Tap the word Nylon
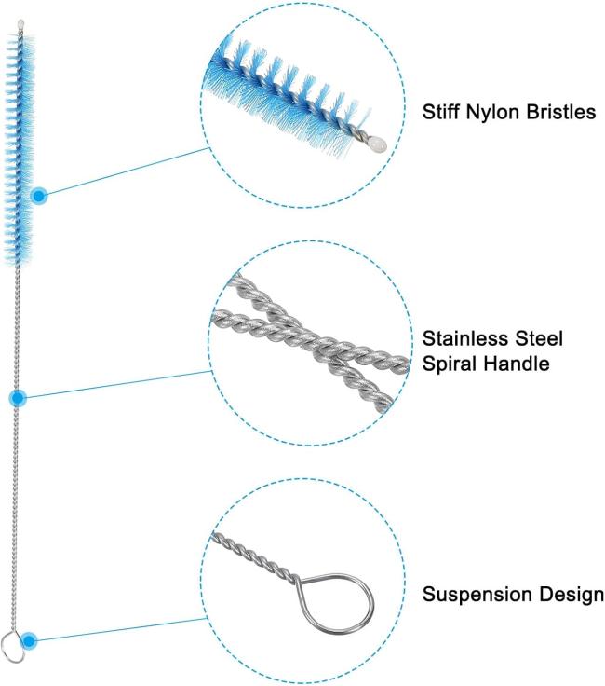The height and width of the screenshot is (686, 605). point(492,113)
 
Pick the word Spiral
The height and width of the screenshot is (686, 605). point(447,364)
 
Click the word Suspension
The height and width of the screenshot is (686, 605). point(470,594)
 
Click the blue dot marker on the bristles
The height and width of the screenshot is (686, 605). point(39,196)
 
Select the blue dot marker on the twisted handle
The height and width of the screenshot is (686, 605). point(18,398)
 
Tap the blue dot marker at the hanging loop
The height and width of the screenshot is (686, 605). point(29,640)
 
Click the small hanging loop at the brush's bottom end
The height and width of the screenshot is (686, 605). point(11,642)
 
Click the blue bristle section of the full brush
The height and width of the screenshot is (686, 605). point(20,140)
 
